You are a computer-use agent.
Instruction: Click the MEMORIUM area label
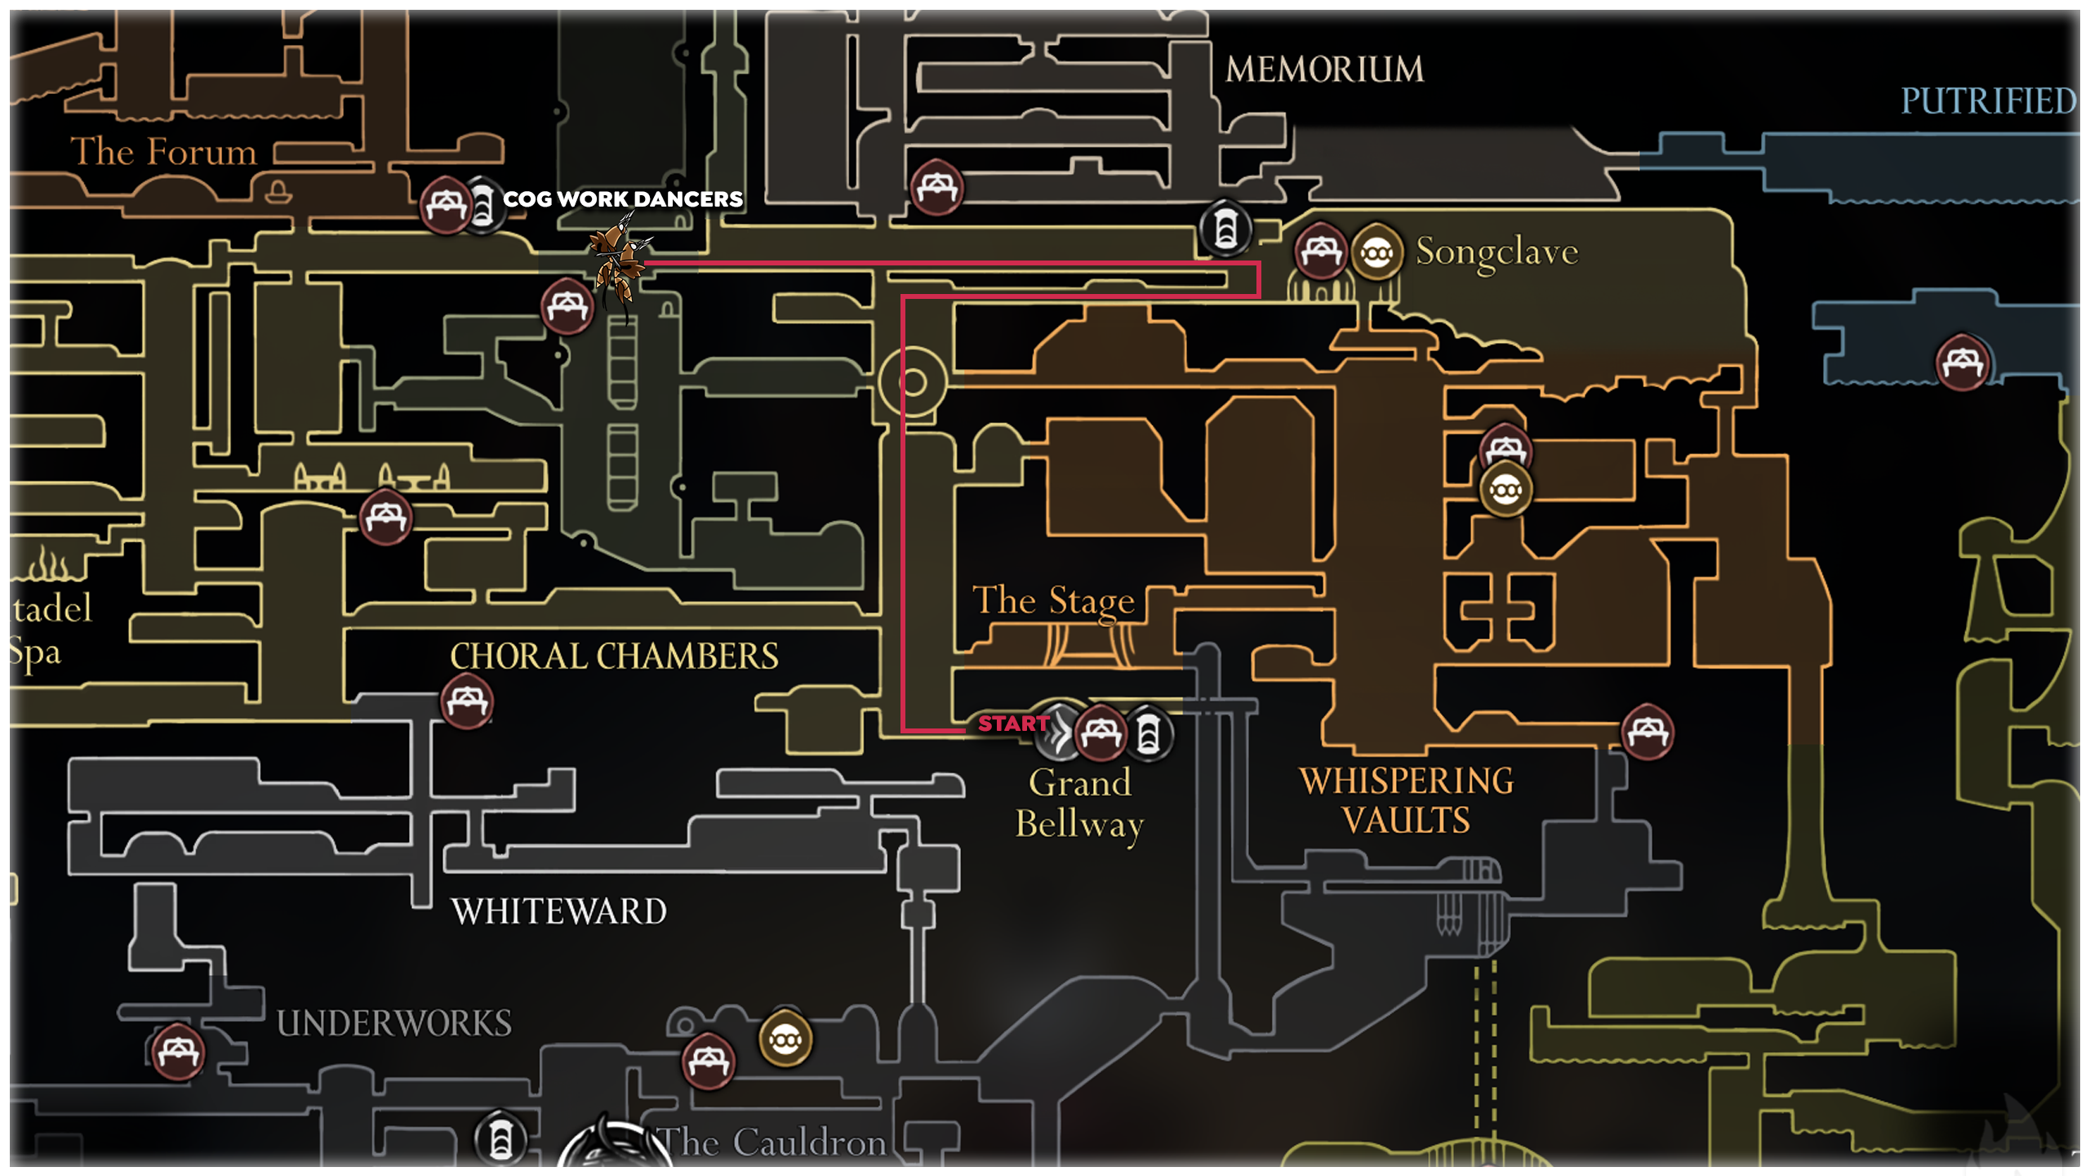(1323, 69)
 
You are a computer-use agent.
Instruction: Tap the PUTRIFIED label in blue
(1988, 101)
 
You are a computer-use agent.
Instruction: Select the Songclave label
(1496, 252)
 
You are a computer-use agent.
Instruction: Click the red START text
(1013, 724)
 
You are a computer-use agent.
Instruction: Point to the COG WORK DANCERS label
(622, 198)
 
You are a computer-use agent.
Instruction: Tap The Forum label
(163, 152)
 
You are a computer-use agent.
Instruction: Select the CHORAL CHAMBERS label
(614, 656)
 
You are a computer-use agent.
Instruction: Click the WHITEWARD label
(559, 911)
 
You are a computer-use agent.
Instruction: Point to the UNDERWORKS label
(394, 1023)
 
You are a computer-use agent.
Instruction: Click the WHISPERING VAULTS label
(1406, 800)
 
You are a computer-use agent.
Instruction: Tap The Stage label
(1053, 600)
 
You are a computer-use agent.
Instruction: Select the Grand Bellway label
(1079, 804)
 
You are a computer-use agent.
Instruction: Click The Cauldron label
(772, 1143)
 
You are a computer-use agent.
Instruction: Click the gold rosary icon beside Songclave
(1377, 252)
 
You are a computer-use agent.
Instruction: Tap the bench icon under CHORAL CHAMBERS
(467, 702)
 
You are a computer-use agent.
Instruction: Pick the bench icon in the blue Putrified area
(1963, 362)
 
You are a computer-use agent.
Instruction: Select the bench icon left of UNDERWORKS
(177, 1052)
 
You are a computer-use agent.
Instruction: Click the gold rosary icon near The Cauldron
(785, 1040)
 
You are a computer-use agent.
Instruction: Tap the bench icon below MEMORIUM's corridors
(936, 188)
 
